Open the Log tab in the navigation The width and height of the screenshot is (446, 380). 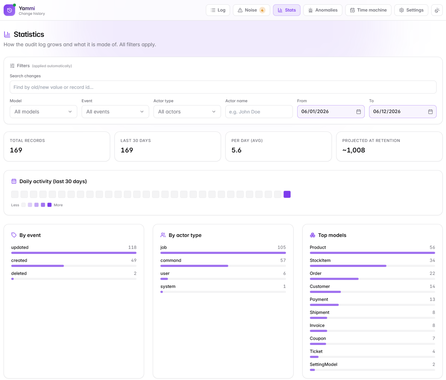[218, 10]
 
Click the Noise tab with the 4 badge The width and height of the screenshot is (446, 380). [251, 10]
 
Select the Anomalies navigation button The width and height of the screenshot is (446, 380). [322, 10]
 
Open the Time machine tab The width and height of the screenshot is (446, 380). [368, 10]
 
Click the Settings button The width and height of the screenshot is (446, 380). [411, 10]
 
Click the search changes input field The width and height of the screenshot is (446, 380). [223, 87]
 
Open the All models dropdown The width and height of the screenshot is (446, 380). [43, 112]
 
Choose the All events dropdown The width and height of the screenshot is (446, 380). [115, 112]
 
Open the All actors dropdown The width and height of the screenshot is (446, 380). [187, 112]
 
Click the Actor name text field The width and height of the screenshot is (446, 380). [259, 112]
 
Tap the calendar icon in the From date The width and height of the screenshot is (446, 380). [358, 112]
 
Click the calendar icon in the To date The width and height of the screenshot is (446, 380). [430, 112]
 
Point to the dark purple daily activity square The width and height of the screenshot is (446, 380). [287, 194]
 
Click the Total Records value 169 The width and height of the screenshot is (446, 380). [16, 150]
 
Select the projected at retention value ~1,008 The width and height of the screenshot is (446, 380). [354, 150]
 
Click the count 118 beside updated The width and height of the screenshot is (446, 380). [132, 247]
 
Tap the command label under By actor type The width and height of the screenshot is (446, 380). [171, 260]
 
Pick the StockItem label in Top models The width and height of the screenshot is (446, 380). [320, 260]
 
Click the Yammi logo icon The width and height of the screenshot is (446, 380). [9, 10]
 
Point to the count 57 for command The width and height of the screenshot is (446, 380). [283, 260]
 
